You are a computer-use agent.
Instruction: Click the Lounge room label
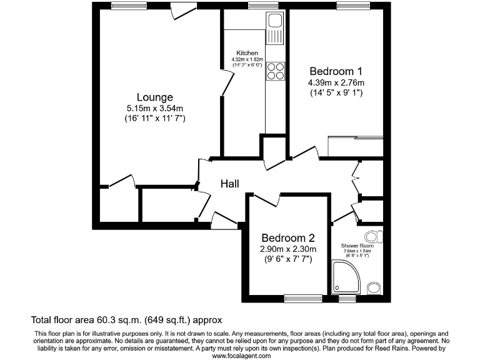point(155,97)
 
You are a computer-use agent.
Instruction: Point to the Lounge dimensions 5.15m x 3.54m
point(155,108)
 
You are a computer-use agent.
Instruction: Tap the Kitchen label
point(247,52)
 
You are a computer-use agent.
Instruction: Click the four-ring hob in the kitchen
point(275,71)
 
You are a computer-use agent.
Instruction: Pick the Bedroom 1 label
point(336,71)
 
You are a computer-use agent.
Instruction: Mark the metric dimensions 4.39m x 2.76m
point(336,82)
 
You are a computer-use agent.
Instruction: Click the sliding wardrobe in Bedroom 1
point(355,147)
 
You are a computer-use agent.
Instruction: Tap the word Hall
point(230,183)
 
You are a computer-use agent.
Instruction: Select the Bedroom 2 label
point(287,238)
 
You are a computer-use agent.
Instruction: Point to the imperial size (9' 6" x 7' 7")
point(287,259)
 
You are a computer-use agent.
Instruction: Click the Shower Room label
point(357,246)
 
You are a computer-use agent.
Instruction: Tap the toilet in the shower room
point(374,237)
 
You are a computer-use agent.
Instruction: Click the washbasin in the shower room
point(373,287)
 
